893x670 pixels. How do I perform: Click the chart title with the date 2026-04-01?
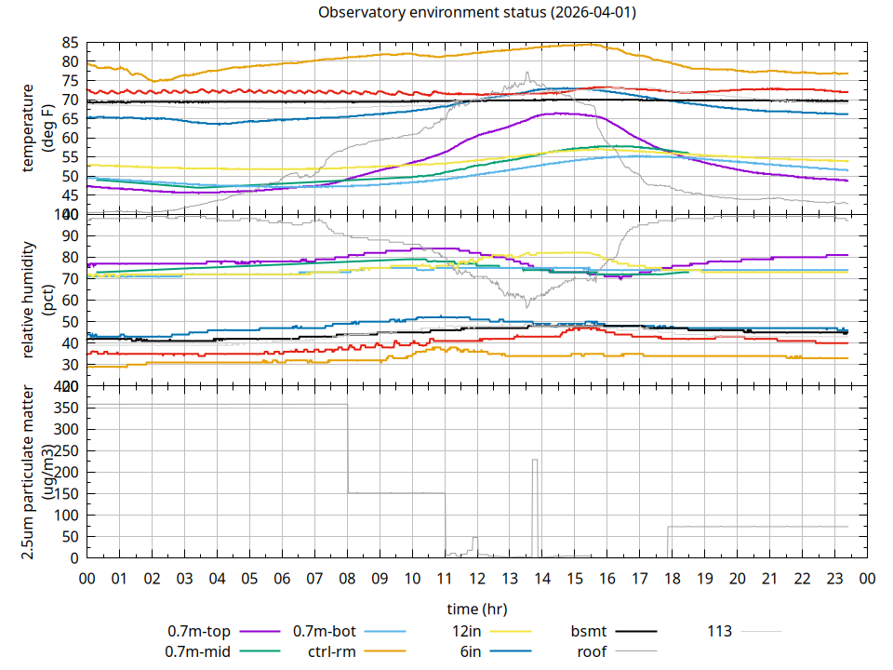tap(477, 12)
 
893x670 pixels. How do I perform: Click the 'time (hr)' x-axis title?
tap(477, 610)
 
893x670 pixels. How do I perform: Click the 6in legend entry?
tap(470, 651)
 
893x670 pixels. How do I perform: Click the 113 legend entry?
tap(719, 631)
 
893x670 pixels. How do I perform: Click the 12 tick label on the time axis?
tap(477, 578)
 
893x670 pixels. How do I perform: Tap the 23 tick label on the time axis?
tap(834, 578)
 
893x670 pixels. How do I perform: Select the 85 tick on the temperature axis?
tap(70, 43)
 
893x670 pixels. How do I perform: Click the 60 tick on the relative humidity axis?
tap(70, 300)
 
